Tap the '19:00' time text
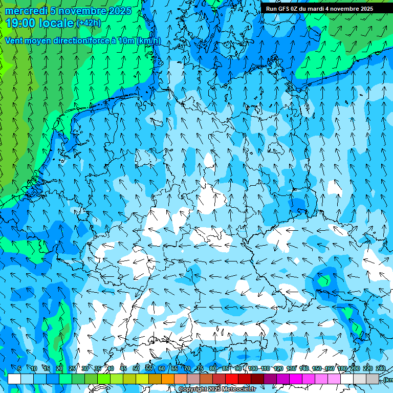pyautogui.click(x=21, y=23)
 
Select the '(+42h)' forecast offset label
pyautogui.click(x=89, y=23)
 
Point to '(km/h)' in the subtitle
pyautogui.click(x=149, y=41)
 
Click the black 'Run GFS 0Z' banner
pyautogui.click(x=319, y=9)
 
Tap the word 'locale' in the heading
pyautogui.click(x=56, y=23)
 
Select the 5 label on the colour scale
pyautogui.click(x=19, y=368)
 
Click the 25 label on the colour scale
pyautogui.click(x=72, y=368)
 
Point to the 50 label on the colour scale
pyautogui.click(x=136, y=368)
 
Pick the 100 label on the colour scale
pyautogui.click(x=253, y=368)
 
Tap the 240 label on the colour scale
pyautogui.click(x=381, y=368)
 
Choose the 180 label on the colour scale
pyautogui.click(x=341, y=368)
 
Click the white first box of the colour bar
pyautogui.click(x=14, y=379)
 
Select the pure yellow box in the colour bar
pyautogui.click(x=142, y=379)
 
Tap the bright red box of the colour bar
pyautogui.click(x=232, y=379)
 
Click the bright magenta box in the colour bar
pyautogui.click(x=296, y=379)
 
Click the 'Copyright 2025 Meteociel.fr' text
pyautogui.click(x=217, y=389)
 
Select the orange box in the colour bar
pyautogui.click(x=168, y=379)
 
